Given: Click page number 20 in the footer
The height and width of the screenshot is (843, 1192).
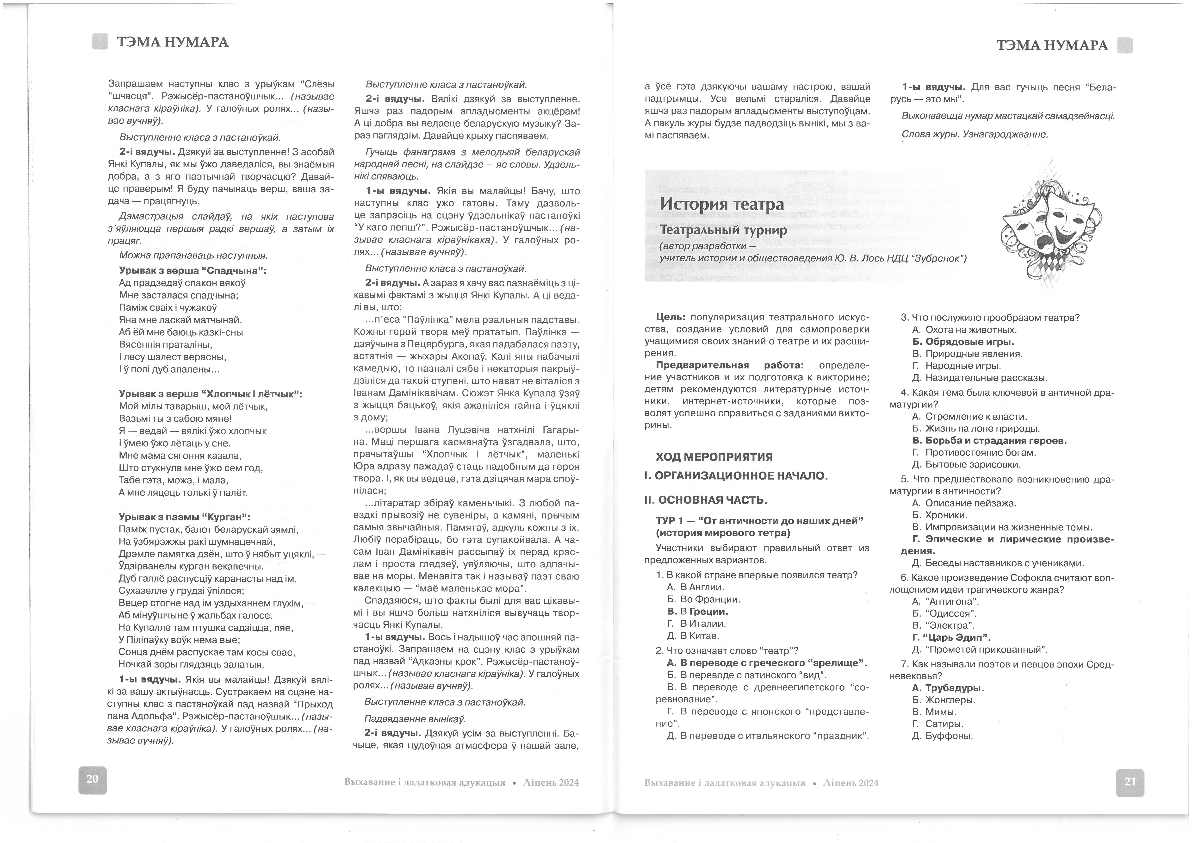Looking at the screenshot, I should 93,779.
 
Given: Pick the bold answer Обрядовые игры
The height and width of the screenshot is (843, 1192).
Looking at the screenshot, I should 963,342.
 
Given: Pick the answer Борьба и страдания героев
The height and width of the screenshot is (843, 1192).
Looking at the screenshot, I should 989,440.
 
